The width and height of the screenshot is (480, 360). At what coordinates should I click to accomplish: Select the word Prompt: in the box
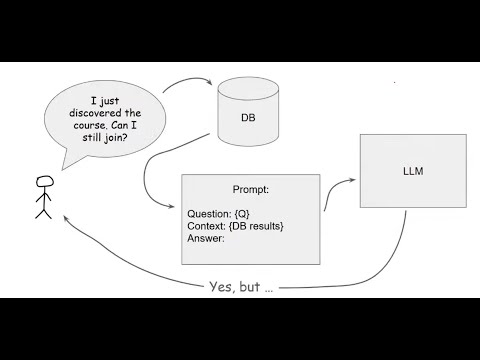click(250, 189)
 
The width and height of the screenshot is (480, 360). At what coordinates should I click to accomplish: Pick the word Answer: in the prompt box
click(206, 238)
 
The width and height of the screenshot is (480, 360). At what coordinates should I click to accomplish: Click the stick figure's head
click(42, 182)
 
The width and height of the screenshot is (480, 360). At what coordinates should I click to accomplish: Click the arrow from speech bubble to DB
click(186, 85)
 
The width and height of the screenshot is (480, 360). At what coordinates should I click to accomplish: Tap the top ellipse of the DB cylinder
click(248, 88)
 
